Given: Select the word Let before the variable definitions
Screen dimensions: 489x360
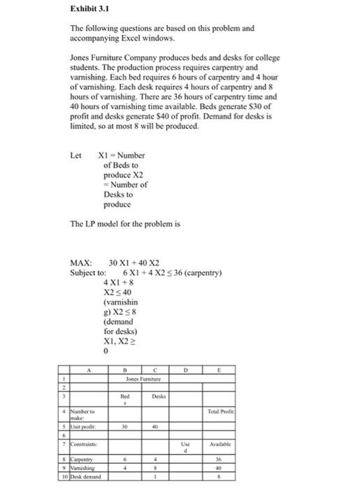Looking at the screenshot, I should [x=76, y=155].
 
